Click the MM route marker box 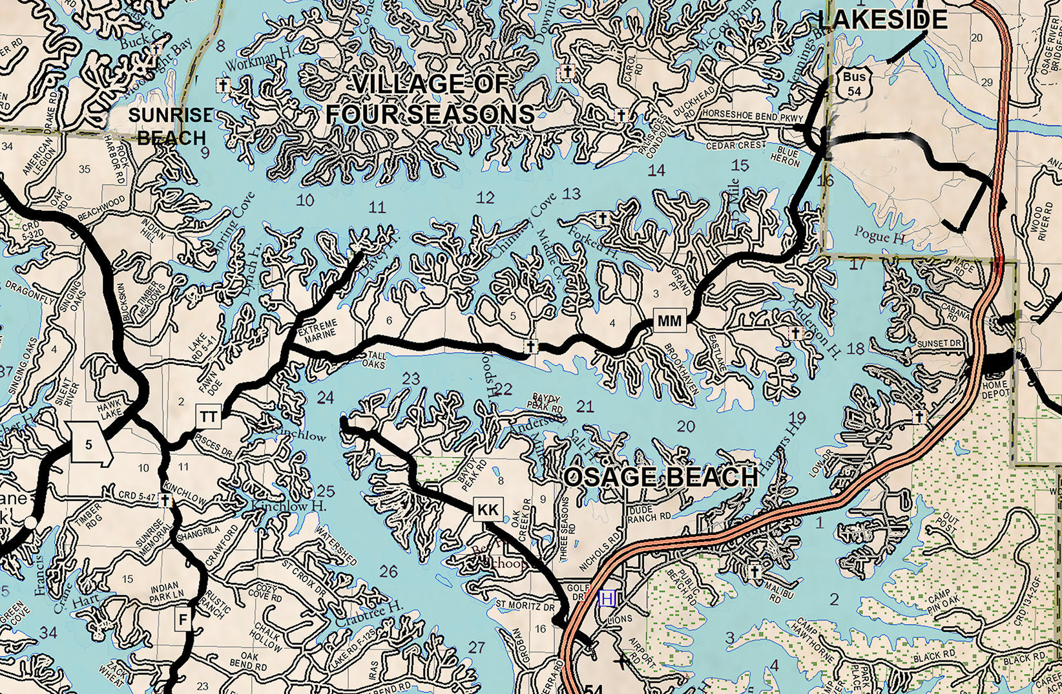click(669, 321)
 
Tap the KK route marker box click(488, 510)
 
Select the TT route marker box click(208, 417)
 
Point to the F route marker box click(183, 620)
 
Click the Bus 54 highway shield click(854, 84)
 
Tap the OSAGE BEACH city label click(661, 478)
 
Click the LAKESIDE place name click(882, 19)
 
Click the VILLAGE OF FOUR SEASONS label click(430, 100)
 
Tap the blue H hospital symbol click(607, 598)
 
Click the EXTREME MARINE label click(317, 328)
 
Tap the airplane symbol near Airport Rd click(621, 660)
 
